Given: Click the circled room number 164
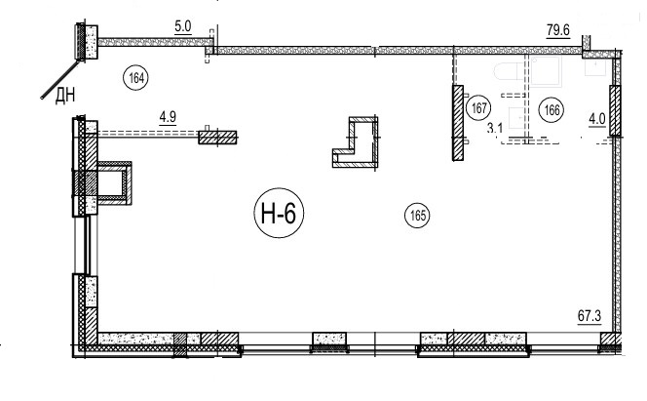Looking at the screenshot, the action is click(x=136, y=78).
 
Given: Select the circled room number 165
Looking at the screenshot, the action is click(x=418, y=216).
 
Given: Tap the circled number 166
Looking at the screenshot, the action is click(x=552, y=110).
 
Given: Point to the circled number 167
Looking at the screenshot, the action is click(x=478, y=108).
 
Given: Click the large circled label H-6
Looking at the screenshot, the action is click(x=279, y=213).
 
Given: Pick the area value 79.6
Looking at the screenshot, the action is click(x=558, y=30).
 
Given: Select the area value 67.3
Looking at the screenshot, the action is click(x=590, y=317).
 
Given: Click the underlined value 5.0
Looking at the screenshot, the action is click(x=183, y=27).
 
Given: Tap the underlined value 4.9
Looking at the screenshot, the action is click(x=168, y=117).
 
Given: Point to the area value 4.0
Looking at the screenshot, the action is click(x=596, y=120).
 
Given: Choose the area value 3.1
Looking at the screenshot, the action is click(x=495, y=129).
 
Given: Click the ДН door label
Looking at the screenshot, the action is click(x=65, y=97).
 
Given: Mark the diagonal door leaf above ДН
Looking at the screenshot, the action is click(x=59, y=80).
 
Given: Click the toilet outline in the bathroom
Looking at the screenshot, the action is click(x=510, y=72).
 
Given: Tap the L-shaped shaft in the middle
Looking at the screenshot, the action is click(x=356, y=142).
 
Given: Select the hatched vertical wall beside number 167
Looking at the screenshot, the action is click(x=458, y=123).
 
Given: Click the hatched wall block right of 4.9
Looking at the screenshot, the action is click(x=217, y=138).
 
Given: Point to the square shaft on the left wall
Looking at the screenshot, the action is click(x=114, y=183).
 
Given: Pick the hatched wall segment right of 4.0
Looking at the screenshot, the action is click(x=615, y=110).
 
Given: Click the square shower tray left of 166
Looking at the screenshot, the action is click(x=547, y=71).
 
